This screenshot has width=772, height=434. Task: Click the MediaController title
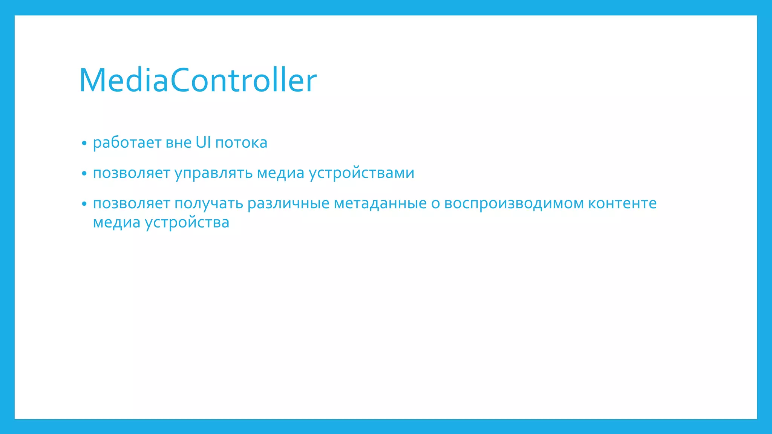tap(198, 80)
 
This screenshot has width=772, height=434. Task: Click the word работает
tap(127, 143)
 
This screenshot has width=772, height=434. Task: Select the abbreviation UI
tap(203, 142)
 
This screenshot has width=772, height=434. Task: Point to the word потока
tap(241, 143)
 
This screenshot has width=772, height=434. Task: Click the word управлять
tap(213, 173)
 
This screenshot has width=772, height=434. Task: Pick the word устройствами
tap(361, 173)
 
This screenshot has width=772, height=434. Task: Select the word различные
tap(288, 204)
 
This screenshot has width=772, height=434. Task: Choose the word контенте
tap(622, 204)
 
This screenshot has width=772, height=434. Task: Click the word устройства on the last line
tap(187, 223)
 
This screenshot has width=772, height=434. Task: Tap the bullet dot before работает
tap(84, 144)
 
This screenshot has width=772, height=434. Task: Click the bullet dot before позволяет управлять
tap(84, 174)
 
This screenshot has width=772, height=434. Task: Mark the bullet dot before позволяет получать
tap(84, 204)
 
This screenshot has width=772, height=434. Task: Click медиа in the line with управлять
tap(280, 173)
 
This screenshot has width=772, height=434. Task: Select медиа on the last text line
tap(116, 223)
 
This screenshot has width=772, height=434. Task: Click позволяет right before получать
tap(131, 204)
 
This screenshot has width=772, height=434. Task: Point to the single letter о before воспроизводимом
tap(435, 204)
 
